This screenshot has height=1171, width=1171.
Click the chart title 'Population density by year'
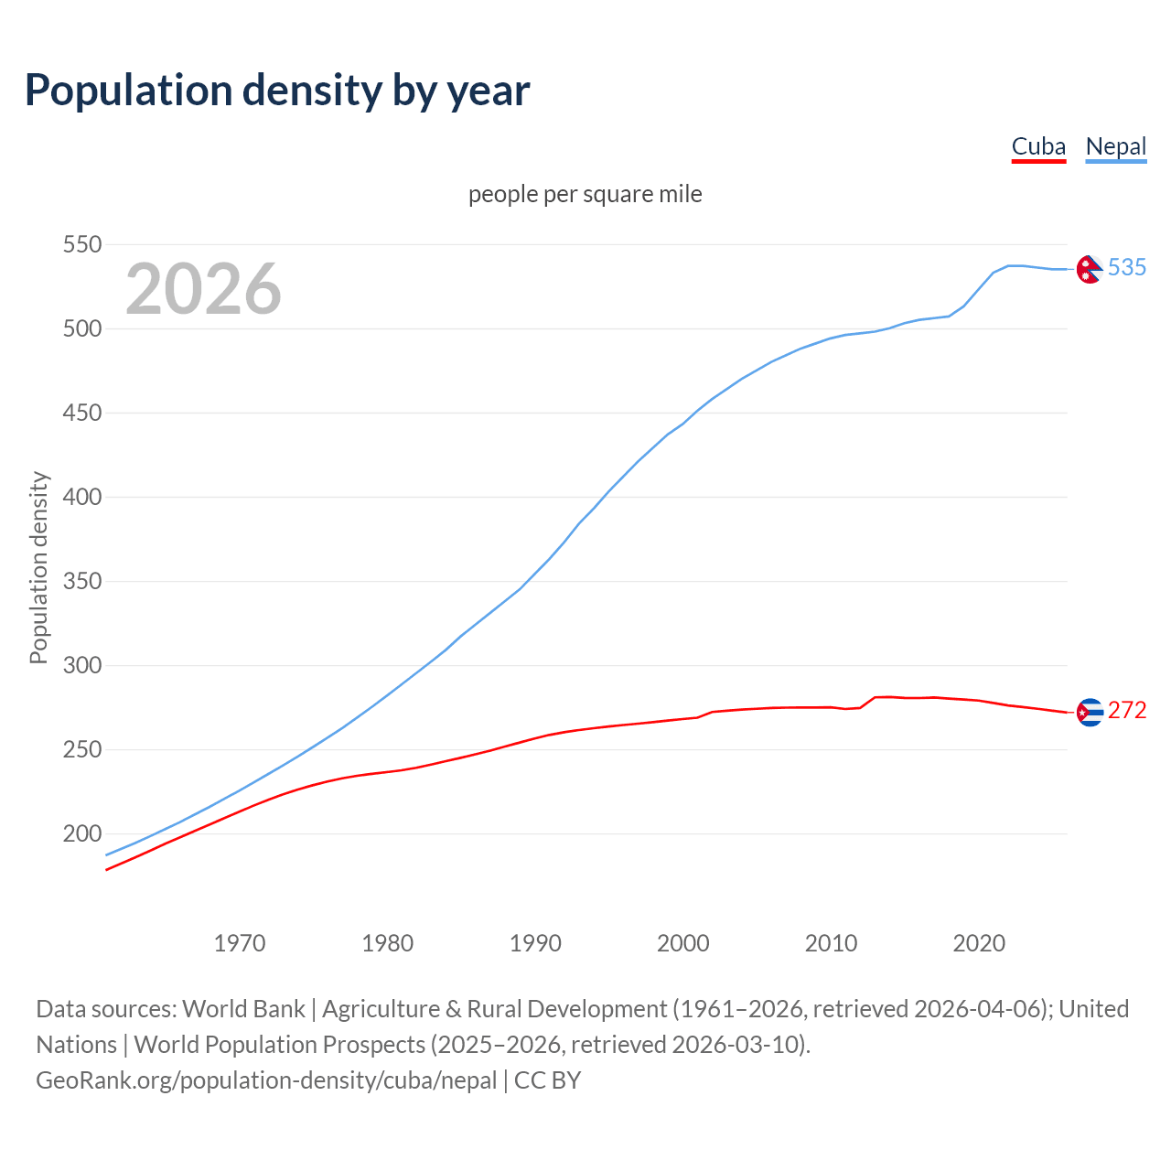click(x=277, y=91)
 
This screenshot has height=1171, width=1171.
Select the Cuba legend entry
click(x=1038, y=147)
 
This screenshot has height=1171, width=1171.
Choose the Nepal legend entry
click(x=1115, y=147)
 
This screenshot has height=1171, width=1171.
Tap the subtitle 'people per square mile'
click(x=585, y=194)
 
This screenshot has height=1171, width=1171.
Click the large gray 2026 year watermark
click(x=203, y=289)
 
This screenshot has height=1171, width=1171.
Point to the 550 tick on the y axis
click(x=81, y=244)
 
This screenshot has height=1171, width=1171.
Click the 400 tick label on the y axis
click(x=81, y=497)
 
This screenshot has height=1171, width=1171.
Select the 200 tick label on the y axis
click(x=81, y=833)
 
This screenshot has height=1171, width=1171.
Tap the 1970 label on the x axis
click(x=240, y=942)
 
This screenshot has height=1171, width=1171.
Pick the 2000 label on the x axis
click(x=683, y=942)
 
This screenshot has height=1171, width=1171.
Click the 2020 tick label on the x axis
click(x=979, y=942)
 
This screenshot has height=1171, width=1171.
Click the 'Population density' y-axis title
click(x=38, y=567)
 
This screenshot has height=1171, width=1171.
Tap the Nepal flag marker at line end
click(x=1089, y=269)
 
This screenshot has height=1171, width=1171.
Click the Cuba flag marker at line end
click(x=1090, y=712)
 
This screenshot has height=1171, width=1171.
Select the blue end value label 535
click(x=1127, y=267)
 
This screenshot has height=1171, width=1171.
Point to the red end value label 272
click(x=1127, y=710)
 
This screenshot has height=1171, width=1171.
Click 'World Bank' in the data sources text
click(x=243, y=1009)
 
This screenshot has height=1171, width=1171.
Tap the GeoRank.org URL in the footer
click(x=266, y=1080)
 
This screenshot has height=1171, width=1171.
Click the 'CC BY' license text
click(x=547, y=1080)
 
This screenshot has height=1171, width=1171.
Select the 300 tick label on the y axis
click(x=81, y=665)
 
